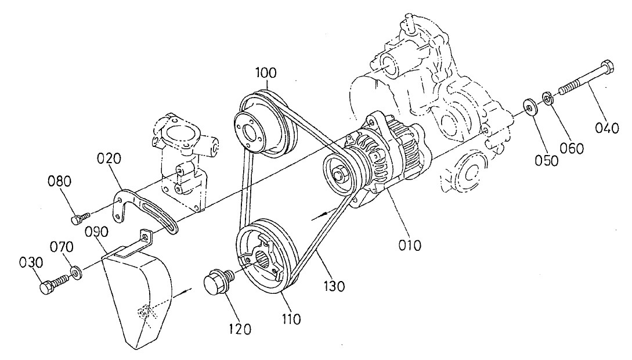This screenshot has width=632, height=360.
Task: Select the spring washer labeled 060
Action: (547, 97)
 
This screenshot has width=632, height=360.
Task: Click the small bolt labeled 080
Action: (77, 218)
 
